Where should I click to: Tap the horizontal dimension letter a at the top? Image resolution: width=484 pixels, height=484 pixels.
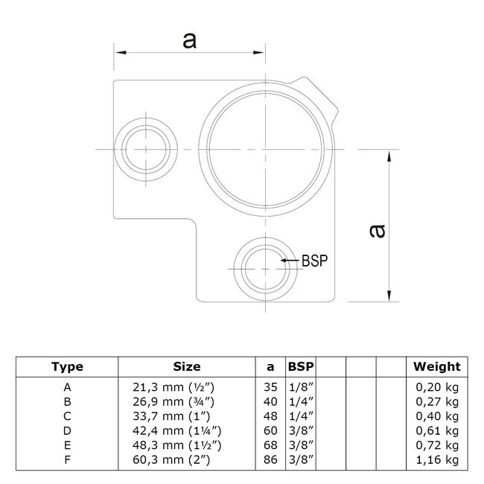click(190, 41)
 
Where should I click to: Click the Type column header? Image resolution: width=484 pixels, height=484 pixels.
click(67, 366)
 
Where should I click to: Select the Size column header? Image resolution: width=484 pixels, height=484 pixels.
click(187, 366)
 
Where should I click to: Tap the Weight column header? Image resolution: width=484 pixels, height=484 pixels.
click(437, 366)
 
